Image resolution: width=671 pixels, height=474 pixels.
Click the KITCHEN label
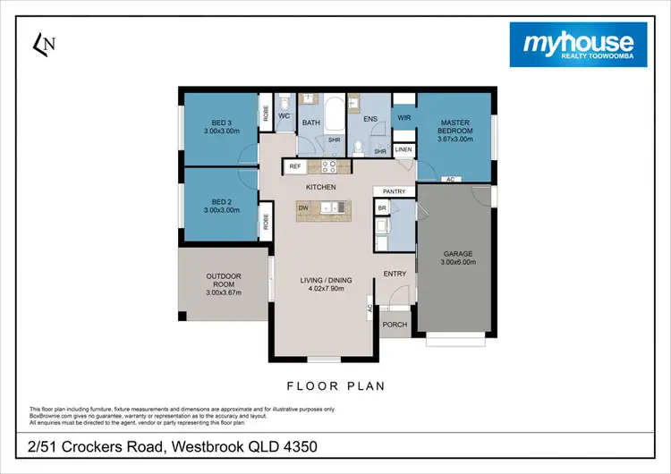coord(320,187)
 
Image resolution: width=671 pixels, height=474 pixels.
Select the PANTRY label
coord(395,191)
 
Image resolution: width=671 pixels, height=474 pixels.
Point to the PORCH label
coord(395,324)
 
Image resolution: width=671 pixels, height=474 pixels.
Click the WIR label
coord(403,117)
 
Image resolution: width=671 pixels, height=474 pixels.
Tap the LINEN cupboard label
coord(403,149)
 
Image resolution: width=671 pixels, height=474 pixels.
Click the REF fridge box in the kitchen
coord(294,166)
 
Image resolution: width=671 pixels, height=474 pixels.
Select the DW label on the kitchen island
coord(303,207)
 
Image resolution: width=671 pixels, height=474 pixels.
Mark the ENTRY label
coord(395,274)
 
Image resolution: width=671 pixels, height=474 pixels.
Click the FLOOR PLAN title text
coord(335,386)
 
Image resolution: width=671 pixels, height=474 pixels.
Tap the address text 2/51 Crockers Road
coord(170,444)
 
